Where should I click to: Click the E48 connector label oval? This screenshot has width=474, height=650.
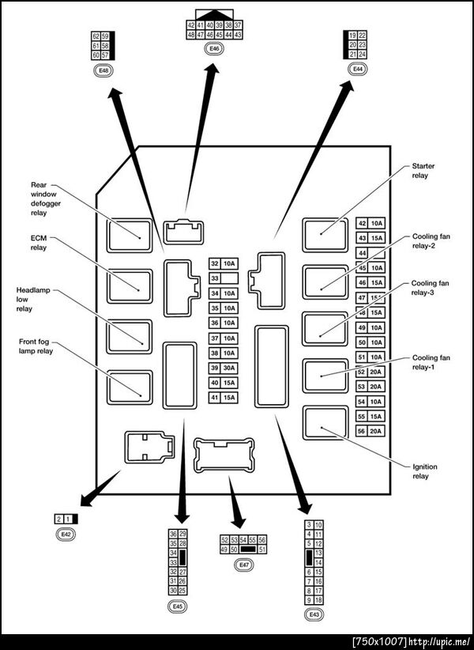click(103, 71)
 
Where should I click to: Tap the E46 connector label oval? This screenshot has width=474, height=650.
click(213, 49)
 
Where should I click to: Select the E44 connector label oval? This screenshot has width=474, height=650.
click(358, 69)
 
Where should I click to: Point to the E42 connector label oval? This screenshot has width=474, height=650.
click(66, 535)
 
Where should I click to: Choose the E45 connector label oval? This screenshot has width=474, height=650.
click(177, 606)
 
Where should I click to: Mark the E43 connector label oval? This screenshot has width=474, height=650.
click(314, 614)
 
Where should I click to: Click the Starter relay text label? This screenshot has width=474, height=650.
click(423, 171)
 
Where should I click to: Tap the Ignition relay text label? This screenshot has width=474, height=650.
click(424, 471)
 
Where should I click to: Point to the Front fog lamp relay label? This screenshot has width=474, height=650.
click(36, 346)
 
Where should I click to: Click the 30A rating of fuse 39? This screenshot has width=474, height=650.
click(229, 368)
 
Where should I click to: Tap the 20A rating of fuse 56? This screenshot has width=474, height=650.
click(376, 431)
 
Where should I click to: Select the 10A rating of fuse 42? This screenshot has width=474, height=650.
click(376, 224)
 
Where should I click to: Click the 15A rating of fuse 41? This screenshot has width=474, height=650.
click(229, 397)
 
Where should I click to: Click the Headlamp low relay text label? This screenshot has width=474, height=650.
click(31, 300)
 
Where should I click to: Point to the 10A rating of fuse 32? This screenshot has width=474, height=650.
click(229, 263)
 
